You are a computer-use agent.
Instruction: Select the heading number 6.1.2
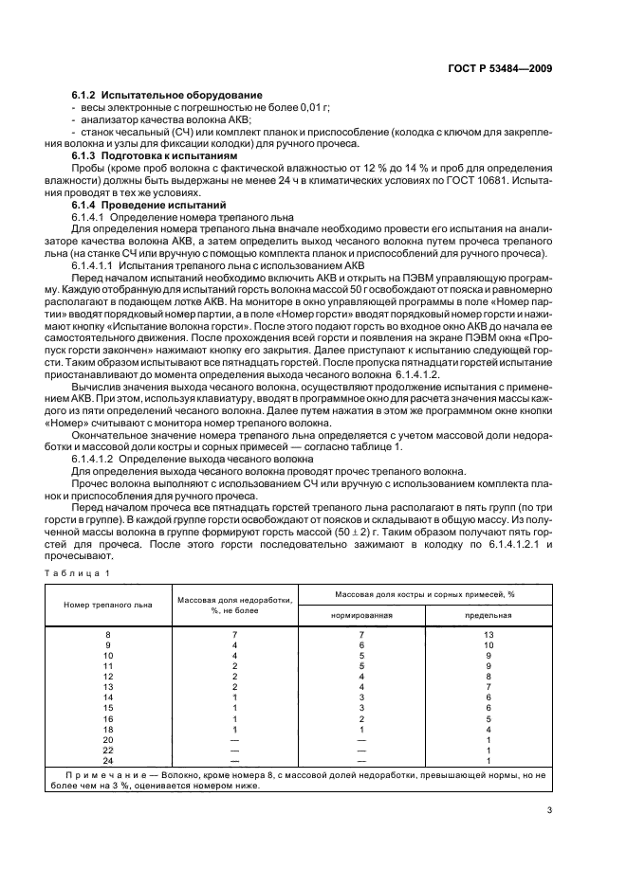point(86,96)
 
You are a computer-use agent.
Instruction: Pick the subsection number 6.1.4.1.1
point(97,267)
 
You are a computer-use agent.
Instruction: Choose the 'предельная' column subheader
point(488,614)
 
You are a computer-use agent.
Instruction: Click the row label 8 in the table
point(107,633)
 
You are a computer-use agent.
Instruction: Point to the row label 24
point(107,761)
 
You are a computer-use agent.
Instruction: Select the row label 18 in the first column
point(107,729)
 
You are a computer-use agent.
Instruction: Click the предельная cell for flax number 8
point(488,633)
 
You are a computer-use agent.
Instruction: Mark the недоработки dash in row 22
point(233,750)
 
